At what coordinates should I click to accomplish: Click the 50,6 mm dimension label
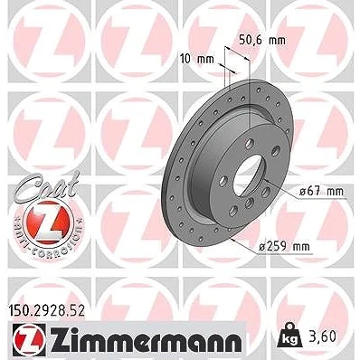pyautogui.click(x=262, y=40)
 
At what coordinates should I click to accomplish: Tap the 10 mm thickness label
pyautogui.click(x=197, y=59)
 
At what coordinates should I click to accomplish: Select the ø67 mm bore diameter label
pyautogui.click(x=321, y=192)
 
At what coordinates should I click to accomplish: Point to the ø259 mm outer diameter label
pyautogui.click(x=285, y=247)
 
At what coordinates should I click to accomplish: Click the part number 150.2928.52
pyautogui.click(x=45, y=311)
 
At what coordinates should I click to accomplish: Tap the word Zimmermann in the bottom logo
pyautogui.click(x=146, y=341)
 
